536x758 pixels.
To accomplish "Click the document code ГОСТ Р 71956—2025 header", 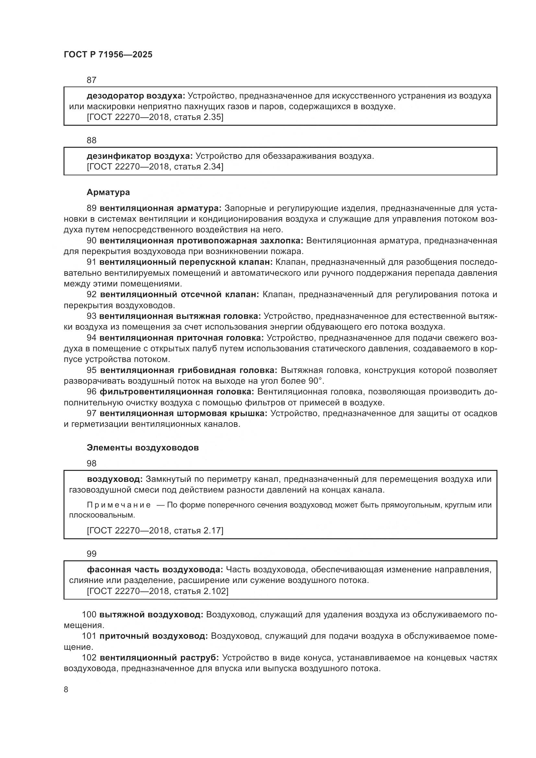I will tap(108, 55).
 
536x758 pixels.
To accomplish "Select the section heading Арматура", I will tap(108, 192).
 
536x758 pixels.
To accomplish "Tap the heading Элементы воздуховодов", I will tap(143, 448).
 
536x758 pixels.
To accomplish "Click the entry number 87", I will tap(91, 80).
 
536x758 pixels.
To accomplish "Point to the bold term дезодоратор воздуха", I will tap(136, 96).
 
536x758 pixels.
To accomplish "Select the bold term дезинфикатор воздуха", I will tap(140, 156).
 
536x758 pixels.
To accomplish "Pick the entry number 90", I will tap(91, 241).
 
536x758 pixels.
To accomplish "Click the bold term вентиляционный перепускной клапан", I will tap(186, 262).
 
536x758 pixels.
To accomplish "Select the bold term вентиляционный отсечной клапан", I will tap(180, 295).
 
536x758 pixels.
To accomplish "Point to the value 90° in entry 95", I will tap(315, 381).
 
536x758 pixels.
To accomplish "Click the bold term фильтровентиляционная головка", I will tap(177, 392).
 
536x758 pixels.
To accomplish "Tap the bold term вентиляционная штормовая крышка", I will tap(183, 413).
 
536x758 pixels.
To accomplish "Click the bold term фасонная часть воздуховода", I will tap(155, 569).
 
